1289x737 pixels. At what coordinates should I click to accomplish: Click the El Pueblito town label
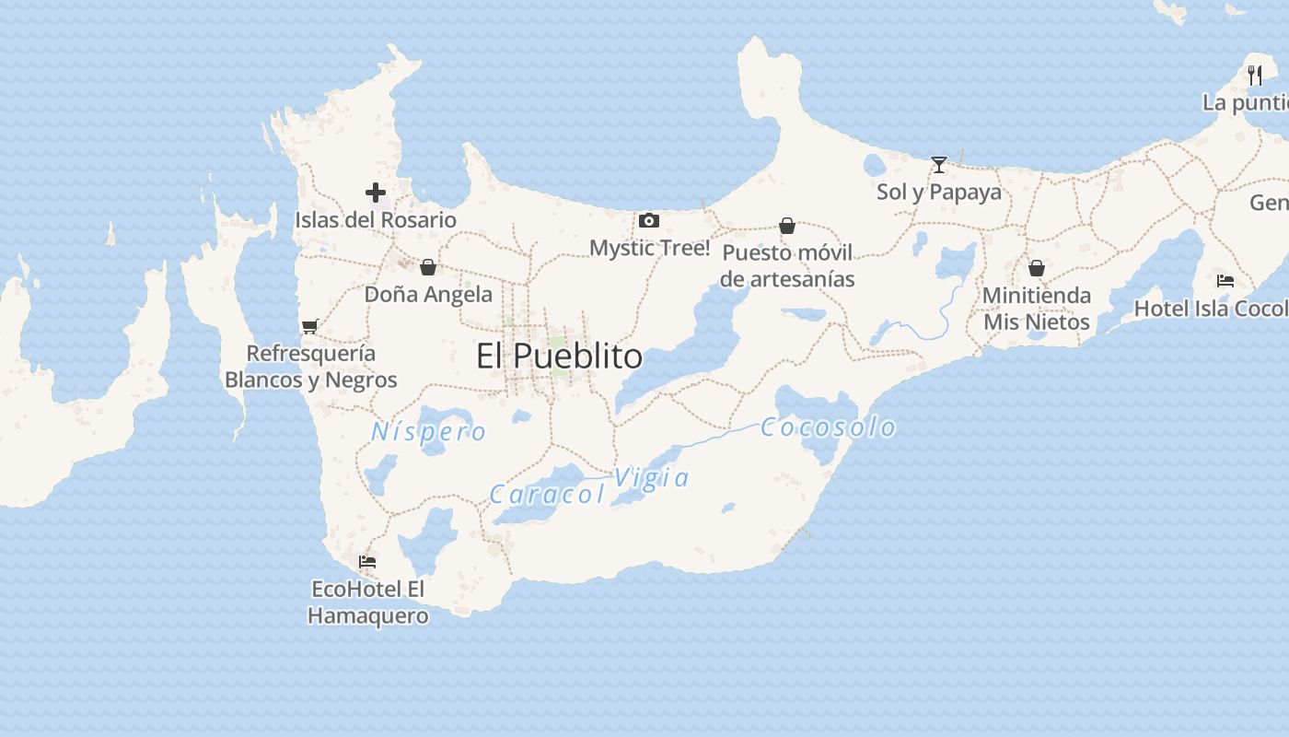[559, 356]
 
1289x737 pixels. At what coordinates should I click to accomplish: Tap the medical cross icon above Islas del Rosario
[376, 193]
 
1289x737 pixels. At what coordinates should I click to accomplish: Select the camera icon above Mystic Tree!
[649, 220]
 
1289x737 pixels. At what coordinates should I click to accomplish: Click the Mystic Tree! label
[649, 247]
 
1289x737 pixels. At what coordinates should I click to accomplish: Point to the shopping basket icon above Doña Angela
[428, 267]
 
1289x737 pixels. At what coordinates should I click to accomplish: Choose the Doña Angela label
[428, 294]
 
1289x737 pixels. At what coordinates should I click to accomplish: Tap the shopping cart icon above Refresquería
[310, 326]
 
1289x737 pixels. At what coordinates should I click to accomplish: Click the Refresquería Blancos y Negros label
[311, 366]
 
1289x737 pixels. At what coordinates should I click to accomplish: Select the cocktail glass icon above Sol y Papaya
[939, 165]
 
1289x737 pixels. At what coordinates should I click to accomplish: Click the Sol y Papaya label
[939, 192]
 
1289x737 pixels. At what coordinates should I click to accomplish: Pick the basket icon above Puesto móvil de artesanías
[787, 226]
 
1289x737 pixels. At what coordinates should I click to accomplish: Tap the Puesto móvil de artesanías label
[787, 265]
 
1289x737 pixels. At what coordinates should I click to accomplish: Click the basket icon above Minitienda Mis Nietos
[1037, 268]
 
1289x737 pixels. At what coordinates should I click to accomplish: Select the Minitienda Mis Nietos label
[1037, 309]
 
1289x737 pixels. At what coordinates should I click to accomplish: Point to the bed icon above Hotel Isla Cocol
[1225, 281]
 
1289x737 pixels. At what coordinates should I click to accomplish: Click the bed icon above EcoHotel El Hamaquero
[367, 561]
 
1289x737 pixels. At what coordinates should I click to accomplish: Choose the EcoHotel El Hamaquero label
[368, 602]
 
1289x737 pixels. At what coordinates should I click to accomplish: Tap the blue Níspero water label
[429, 431]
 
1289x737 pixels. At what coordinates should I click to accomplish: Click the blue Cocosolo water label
[829, 427]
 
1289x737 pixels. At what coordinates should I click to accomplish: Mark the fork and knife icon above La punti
[1255, 76]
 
